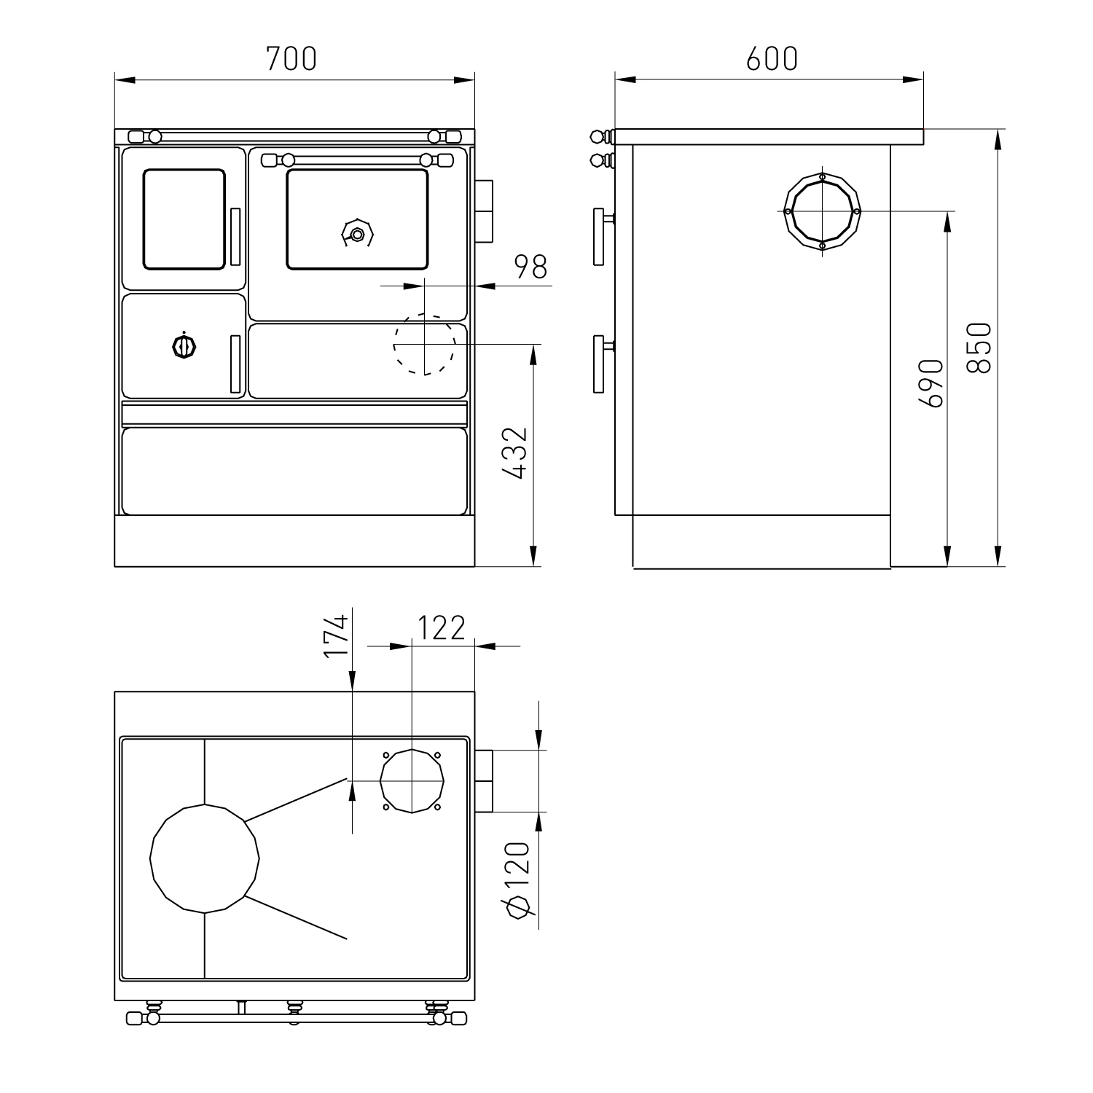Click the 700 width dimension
[291, 58]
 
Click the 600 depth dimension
[772, 58]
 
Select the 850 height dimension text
[981, 348]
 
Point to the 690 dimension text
[931, 383]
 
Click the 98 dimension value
[530, 267]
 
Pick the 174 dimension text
[334, 636]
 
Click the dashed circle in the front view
[425, 344]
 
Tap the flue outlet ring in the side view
[823, 211]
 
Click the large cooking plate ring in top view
[205, 858]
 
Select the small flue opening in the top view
[412, 780]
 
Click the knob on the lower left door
[184, 346]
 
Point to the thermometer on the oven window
[357, 233]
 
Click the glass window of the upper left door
[184, 219]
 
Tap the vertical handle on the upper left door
[235, 237]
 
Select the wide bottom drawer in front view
[294, 471]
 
